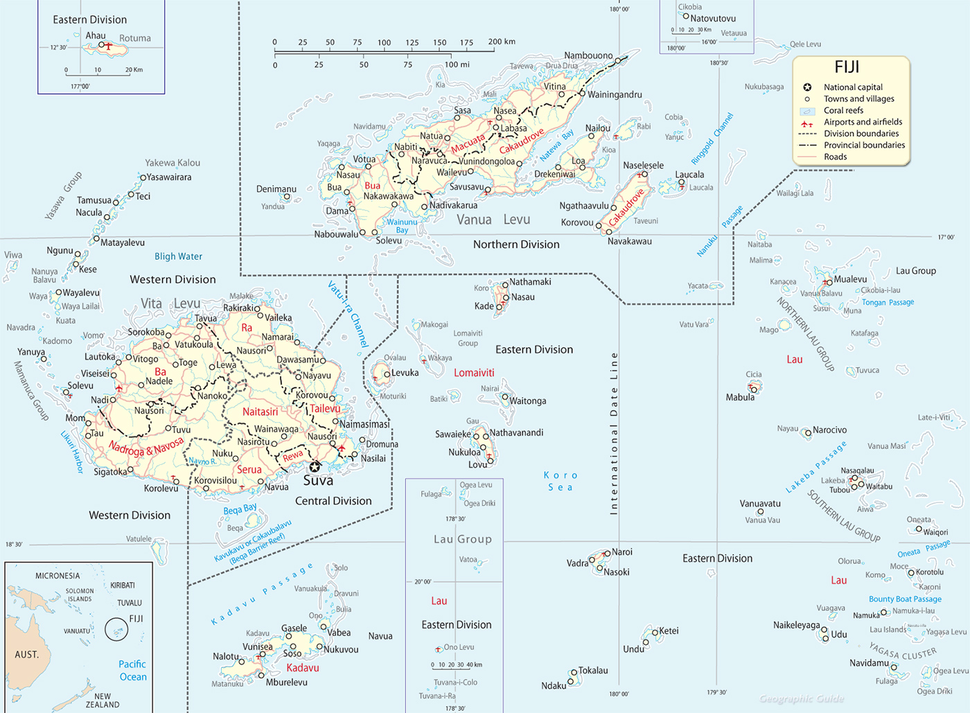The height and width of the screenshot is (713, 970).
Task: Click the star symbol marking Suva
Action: point(315,466)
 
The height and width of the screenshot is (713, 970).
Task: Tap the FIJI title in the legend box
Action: point(847,67)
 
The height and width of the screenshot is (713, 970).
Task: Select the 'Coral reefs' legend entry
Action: point(843,110)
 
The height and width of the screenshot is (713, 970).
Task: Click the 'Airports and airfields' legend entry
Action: point(863,122)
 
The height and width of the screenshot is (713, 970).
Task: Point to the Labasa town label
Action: point(514,128)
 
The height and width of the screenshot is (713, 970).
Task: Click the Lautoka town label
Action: point(100,357)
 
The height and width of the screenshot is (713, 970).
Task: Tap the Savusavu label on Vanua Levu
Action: point(467,187)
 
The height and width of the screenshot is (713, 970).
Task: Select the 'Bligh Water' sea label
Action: point(178,256)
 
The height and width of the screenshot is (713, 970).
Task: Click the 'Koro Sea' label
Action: point(561,481)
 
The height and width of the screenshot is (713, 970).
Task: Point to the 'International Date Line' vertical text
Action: point(613,433)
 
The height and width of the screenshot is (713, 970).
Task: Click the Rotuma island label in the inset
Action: point(134,38)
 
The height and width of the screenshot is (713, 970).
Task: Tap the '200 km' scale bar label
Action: point(502,42)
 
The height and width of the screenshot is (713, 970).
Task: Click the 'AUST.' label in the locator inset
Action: point(27,654)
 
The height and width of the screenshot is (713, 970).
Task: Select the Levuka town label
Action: point(405,373)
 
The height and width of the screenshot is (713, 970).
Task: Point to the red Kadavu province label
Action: point(303,668)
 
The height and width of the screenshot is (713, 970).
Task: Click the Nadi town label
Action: point(100,400)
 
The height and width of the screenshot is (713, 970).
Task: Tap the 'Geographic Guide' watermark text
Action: point(802,698)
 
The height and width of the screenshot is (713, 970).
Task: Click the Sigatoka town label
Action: point(111,472)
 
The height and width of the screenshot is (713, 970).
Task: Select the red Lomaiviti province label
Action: point(474,373)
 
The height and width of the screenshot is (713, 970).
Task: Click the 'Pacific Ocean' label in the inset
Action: point(132,670)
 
